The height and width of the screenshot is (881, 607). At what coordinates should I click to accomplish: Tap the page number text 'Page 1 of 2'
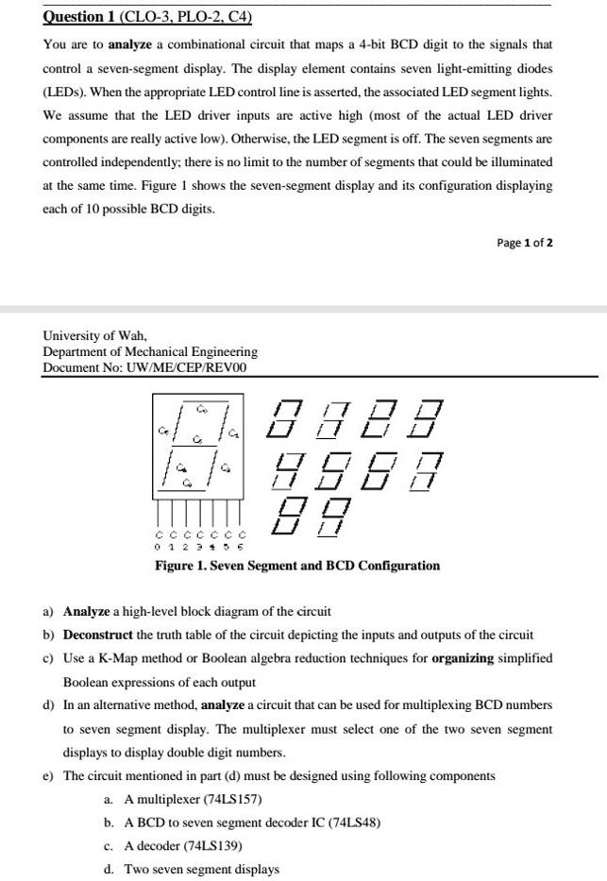[525, 243]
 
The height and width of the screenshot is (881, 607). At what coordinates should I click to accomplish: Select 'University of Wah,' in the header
[94, 335]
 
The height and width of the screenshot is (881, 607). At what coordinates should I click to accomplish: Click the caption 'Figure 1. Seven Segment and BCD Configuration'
[297, 566]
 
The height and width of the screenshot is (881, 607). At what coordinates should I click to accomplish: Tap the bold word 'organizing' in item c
[463, 658]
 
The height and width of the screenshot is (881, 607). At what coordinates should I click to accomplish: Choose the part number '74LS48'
[353, 822]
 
